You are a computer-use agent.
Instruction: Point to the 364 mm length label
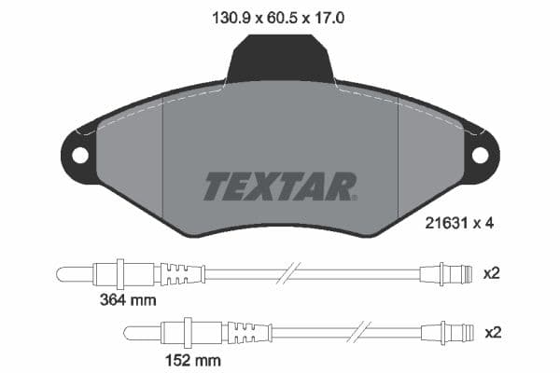(x=129, y=301)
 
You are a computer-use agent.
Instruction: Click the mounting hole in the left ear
(x=80, y=155)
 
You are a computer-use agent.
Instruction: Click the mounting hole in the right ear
(x=480, y=155)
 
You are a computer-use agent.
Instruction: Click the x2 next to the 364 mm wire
(x=491, y=273)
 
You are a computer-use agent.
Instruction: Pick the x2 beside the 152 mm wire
(x=491, y=332)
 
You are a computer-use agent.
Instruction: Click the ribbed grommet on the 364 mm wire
(x=183, y=274)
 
